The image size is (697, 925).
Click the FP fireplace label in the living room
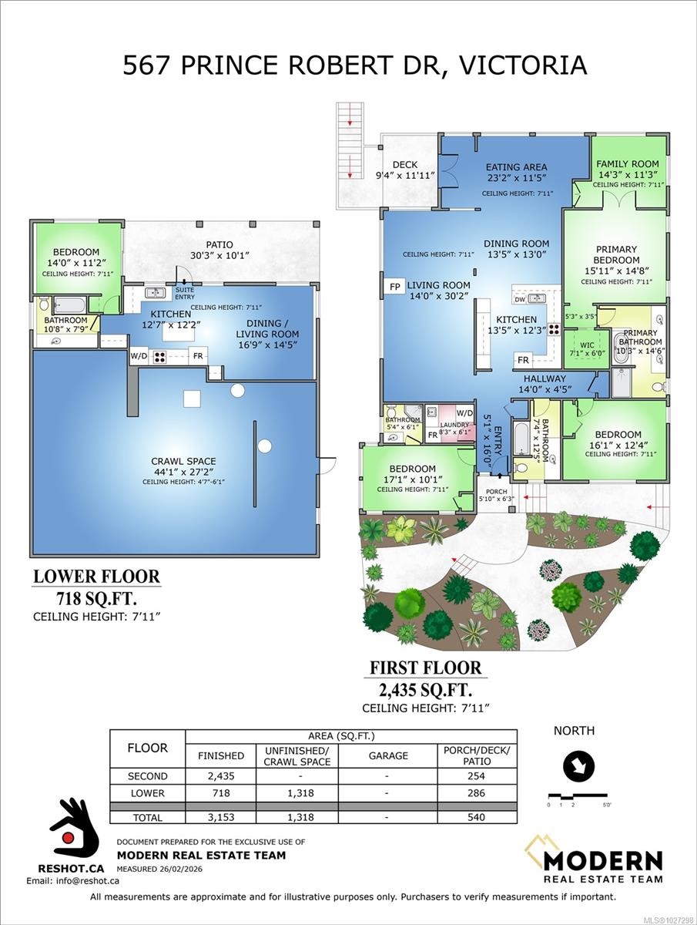point(394,286)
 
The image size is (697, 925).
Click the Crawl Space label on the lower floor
point(183,462)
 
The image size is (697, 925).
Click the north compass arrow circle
point(574,766)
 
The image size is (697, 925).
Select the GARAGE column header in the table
point(388,755)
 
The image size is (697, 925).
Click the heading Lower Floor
point(96,576)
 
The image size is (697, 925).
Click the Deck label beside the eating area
point(404,164)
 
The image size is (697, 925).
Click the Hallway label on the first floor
point(545,379)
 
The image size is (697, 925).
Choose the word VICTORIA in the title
point(522,65)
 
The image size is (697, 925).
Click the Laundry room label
point(454,424)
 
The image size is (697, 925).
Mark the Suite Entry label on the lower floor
point(185,293)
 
